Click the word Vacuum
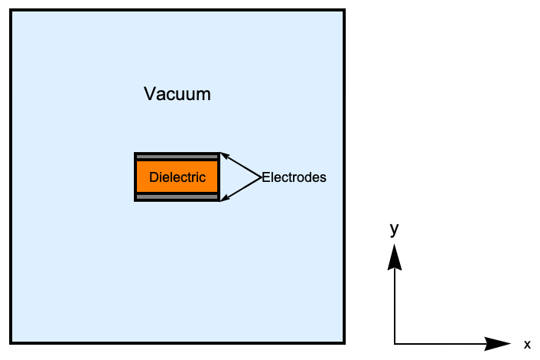(x=177, y=94)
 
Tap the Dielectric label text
(x=177, y=177)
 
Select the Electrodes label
(x=294, y=177)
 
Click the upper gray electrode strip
(x=177, y=157)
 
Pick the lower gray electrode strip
(x=177, y=197)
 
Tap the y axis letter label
(x=395, y=229)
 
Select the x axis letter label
(x=527, y=344)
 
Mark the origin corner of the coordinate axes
(x=395, y=343)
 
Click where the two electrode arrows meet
(x=261, y=177)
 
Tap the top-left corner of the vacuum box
(x=11, y=11)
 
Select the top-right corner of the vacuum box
(x=344, y=11)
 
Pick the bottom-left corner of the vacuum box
(x=11, y=342)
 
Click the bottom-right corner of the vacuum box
(x=344, y=342)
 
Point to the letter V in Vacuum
(x=150, y=94)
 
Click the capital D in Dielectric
(x=154, y=177)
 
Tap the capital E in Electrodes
(x=265, y=177)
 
